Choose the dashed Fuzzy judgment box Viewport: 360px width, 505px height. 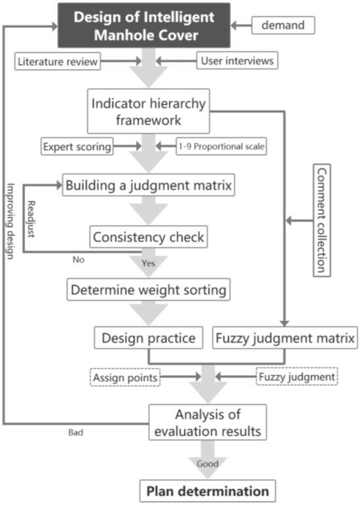(297, 377)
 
